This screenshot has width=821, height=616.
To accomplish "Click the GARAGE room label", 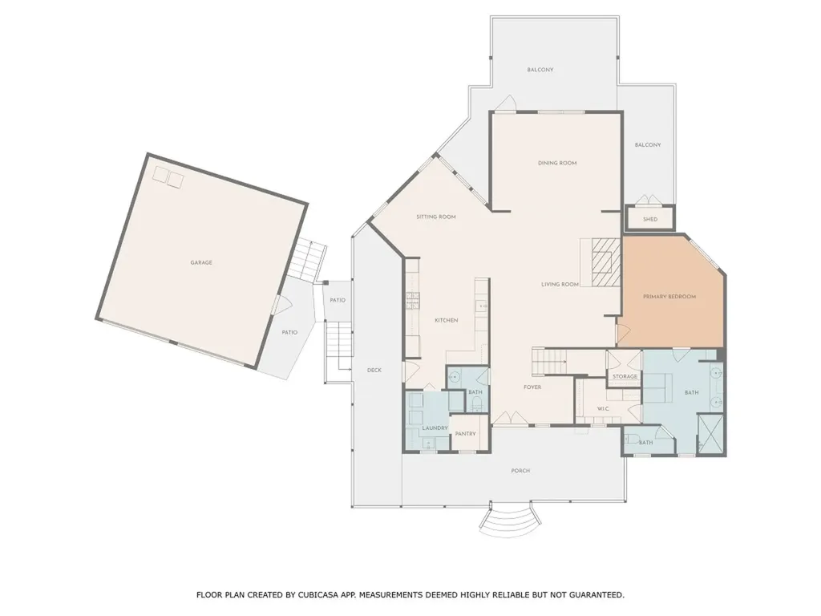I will click(x=200, y=262).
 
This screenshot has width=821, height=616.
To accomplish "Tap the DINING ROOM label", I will click(x=556, y=163).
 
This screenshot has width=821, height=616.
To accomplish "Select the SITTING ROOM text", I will click(x=435, y=217).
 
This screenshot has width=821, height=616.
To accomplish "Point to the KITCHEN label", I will click(x=446, y=320).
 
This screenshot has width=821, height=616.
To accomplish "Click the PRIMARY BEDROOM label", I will click(x=669, y=296).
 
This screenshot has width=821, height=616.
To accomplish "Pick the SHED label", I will click(x=650, y=219).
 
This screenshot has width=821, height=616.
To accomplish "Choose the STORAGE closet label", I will click(x=625, y=376).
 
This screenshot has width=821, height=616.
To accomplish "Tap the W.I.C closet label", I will click(x=605, y=409).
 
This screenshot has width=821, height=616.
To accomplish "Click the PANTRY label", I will click(x=465, y=434).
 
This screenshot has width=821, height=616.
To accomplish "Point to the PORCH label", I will click(x=520, y=471).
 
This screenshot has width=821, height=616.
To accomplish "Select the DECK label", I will click(x=374, y=370).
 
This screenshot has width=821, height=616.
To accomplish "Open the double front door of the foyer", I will click(x=507, y=419).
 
